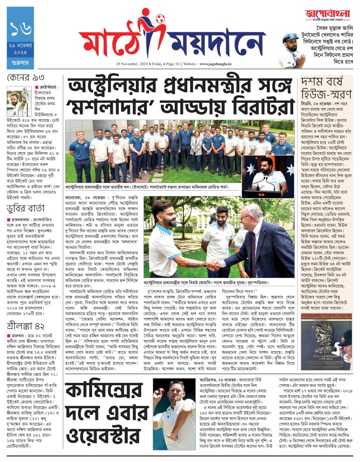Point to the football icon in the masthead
(x=159, y=21)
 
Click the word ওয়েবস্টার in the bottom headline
(x=113, y=427)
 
